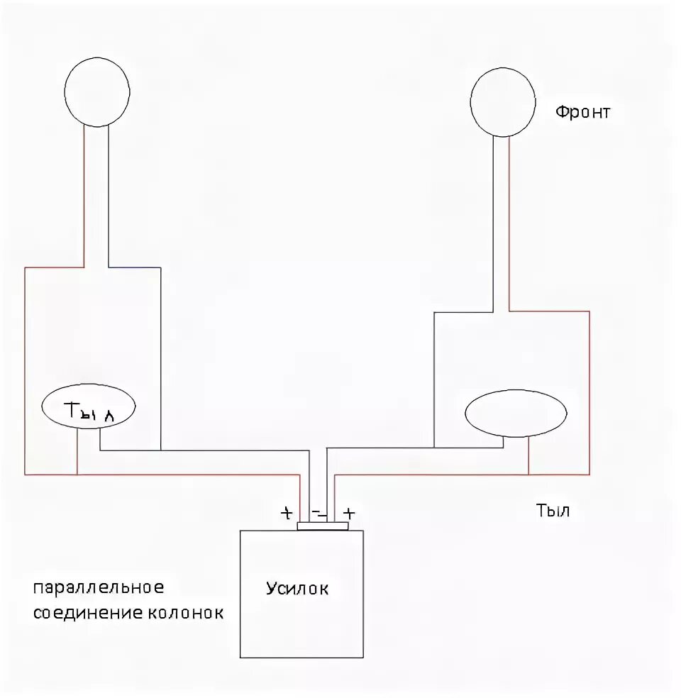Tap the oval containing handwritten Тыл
(x=89, y=409)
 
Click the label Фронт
(x=582, y=112)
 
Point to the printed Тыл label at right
(x=553, y=511)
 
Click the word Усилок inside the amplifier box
(x=297, y=588)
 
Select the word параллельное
(x=98, y=588)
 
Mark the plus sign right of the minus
(x=348, y=513)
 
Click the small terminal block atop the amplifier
(x=323, y=526)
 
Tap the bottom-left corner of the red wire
(x=25, y=474)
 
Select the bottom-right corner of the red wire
(x=589, y=474)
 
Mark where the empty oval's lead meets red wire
(x=528, y=474)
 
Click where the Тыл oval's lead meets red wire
(x=77, y=474)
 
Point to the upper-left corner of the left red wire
(x=25, y=267)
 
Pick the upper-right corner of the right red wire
(x=589, y=311)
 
